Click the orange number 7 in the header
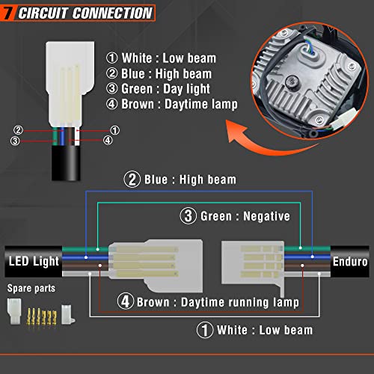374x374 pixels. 8,13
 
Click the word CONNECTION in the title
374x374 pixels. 112,13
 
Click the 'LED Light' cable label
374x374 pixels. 34,261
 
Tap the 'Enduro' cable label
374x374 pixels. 350,262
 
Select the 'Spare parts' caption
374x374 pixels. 31,288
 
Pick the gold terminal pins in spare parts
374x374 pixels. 42,316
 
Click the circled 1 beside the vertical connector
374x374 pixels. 114,130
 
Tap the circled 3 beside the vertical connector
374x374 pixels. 15,141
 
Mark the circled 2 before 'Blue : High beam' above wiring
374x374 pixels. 132,180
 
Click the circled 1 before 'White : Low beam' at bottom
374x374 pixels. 205,330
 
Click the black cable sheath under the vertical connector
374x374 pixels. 66,162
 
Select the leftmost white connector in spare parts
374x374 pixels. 14,311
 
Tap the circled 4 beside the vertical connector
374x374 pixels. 108,140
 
